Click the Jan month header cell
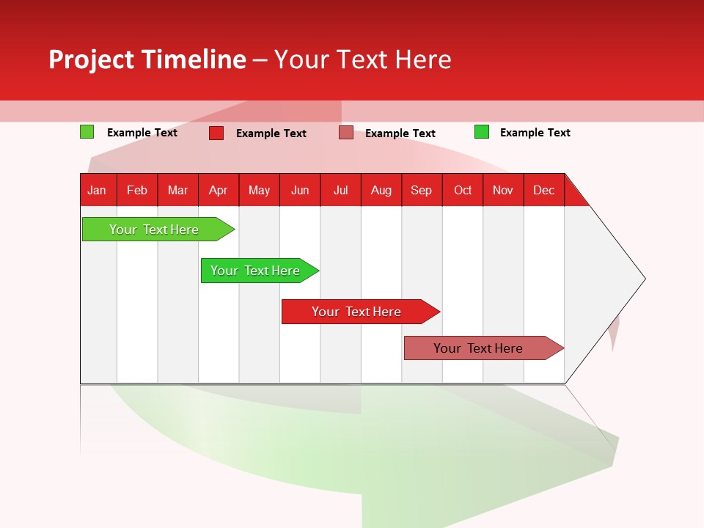click(98, 190)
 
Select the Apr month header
click(219, 190)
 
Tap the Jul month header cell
click(340, 190)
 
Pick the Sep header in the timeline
click(422, 190)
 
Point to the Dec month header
click(543, 190)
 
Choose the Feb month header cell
click(137, 190)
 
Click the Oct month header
click(463, 190)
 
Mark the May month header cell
click(259, 190)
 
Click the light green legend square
click(87, 132)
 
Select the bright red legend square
click(216, 133)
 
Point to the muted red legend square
click(346, 133)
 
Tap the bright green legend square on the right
click(482, 132)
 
